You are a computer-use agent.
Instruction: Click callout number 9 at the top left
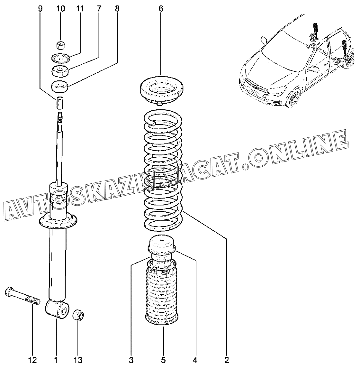tap(40, 9)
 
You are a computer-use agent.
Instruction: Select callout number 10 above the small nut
tap(60, 9)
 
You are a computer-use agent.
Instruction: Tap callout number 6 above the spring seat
tap(161, 9)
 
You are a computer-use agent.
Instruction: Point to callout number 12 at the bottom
tap(33, 360)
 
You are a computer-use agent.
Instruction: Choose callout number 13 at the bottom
tap(78, 360)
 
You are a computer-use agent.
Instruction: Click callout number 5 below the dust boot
tap(163, 360)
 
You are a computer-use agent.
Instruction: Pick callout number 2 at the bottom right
tap(227, 360)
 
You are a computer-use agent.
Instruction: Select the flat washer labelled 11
tap(60, 58)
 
